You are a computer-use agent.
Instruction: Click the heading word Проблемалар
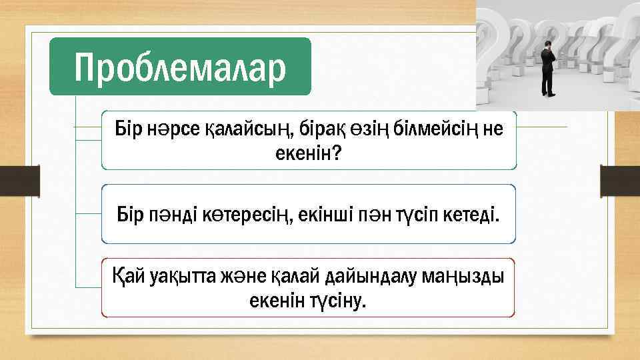(180, 67)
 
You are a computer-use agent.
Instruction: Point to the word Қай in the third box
(125, 275)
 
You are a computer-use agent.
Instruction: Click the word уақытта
(180, 275)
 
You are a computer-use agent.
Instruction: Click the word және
(246, 275)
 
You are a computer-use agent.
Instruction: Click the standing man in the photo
(548, 67)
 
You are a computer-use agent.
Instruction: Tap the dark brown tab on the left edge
(19, 181)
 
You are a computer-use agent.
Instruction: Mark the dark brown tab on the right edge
(620, 181)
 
